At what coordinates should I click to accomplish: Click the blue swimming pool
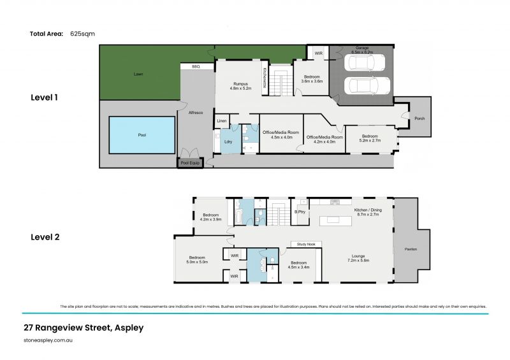point(142,135)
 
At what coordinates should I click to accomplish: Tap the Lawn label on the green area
point(138,75)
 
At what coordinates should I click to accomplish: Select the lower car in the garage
point(366,86)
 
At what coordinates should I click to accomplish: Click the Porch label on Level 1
point(419,119)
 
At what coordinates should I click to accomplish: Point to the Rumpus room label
point(240,86)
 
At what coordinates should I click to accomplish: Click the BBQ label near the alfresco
point(196,66)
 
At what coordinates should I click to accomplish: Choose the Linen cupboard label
point(222,121)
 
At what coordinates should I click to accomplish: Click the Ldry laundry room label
point(228,141)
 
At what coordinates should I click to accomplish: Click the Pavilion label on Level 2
point(411,249)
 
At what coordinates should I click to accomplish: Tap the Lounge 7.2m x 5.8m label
point(358,258)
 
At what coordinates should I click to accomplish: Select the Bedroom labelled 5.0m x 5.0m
point(197,260)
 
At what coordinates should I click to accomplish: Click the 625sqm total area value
point(83,34)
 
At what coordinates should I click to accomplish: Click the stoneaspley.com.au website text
point(47,341)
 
